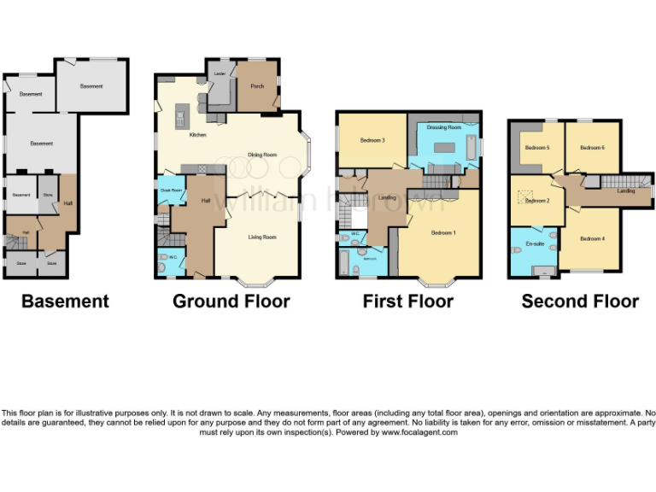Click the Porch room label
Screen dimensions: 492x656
(256, 86)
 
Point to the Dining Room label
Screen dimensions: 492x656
(262, 155)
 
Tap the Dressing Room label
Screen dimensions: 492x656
(444, 127)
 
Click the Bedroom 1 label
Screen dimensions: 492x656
(443, 232)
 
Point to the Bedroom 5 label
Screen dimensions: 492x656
(536, 148)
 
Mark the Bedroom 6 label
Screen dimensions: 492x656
(592, 148)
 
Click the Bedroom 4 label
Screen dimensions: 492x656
(592, 238)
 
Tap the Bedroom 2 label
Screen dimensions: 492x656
(536, 202)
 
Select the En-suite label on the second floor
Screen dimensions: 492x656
(534, 244)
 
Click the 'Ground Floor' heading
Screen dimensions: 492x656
(231, 301)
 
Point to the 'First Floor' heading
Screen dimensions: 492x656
(407, 301)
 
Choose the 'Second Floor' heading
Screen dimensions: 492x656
(579, 301)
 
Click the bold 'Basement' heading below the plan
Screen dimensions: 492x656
(65, 301)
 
